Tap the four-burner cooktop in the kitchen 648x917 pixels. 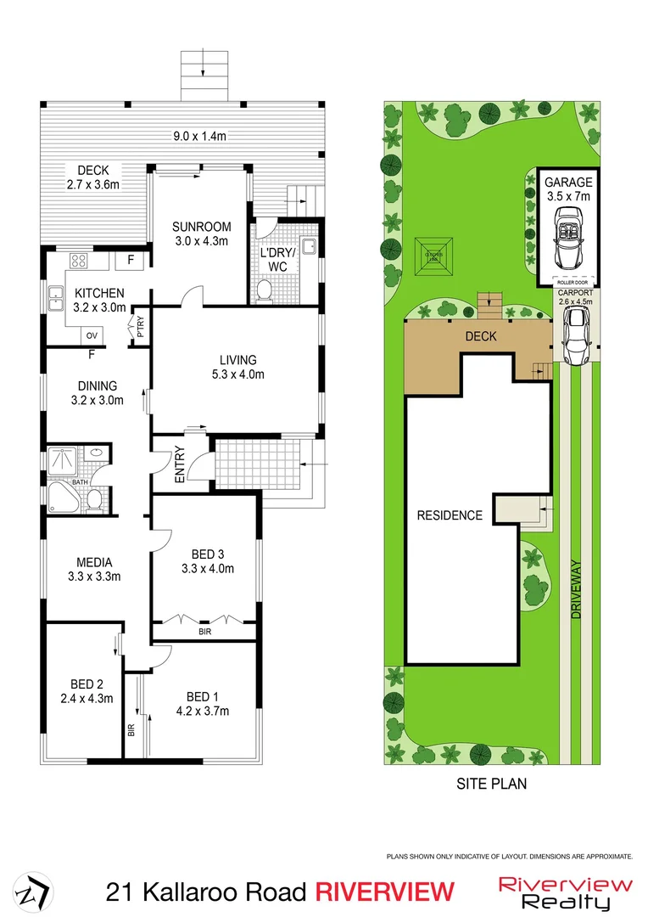pos(79,261)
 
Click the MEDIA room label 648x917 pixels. pos(94,561)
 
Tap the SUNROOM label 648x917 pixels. pos(201,226)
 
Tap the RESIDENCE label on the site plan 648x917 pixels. pos(449,515)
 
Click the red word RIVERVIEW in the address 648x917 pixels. pos(384,892)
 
